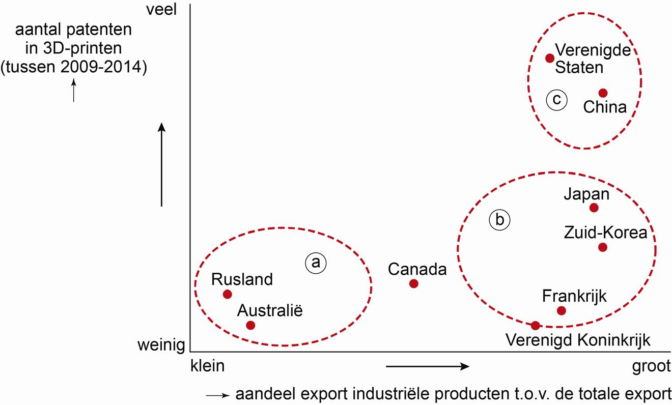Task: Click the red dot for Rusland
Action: pos(228,294)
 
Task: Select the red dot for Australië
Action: pos(250,325)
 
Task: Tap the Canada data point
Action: pos(414,283)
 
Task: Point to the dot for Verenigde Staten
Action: pos(550,58)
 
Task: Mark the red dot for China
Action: pos(603,93)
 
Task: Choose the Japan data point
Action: pos(594,208)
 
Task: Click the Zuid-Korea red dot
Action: pos(603,247)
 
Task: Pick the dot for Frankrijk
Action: pos(562,310)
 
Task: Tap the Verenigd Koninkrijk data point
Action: pos(535,326)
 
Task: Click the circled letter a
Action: pos(315,263)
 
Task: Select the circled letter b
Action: pos(499,220)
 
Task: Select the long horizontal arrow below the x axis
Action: pos(427,366)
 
